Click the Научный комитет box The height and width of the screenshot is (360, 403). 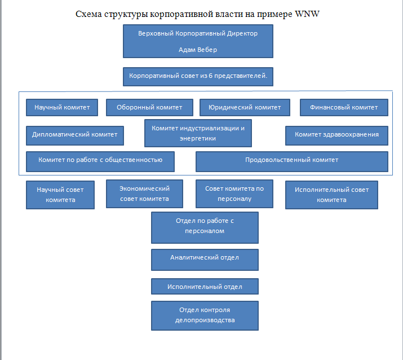tap(61, 107)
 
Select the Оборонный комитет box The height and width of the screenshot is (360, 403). tap(149, 107)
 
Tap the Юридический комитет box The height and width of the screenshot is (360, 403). tap(245, 107)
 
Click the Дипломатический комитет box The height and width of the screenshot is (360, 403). tap(74, 135)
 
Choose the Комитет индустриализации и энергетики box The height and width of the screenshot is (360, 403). tap(198, 133)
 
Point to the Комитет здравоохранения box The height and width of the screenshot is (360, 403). tap(336, 135)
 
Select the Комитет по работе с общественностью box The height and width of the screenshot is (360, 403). tap(100, 160)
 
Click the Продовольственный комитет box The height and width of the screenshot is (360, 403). tap(291, 161)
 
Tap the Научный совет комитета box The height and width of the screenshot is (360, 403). tap(60, 195)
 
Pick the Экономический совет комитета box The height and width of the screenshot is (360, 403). tap(145, 194)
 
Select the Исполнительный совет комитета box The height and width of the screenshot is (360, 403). tap(331, 195)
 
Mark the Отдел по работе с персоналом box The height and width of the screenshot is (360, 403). tap(205, 227)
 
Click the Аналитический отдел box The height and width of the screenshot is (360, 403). tap(205, 259)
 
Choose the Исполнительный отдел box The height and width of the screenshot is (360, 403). tap(205, 287)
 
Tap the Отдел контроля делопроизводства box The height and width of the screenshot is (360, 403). tap(205, 315)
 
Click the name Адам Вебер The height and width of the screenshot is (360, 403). tap(198, 50)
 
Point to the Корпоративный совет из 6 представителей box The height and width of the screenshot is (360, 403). tap(198, 76)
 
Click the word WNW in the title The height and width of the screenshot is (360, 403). tap(307, 14)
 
